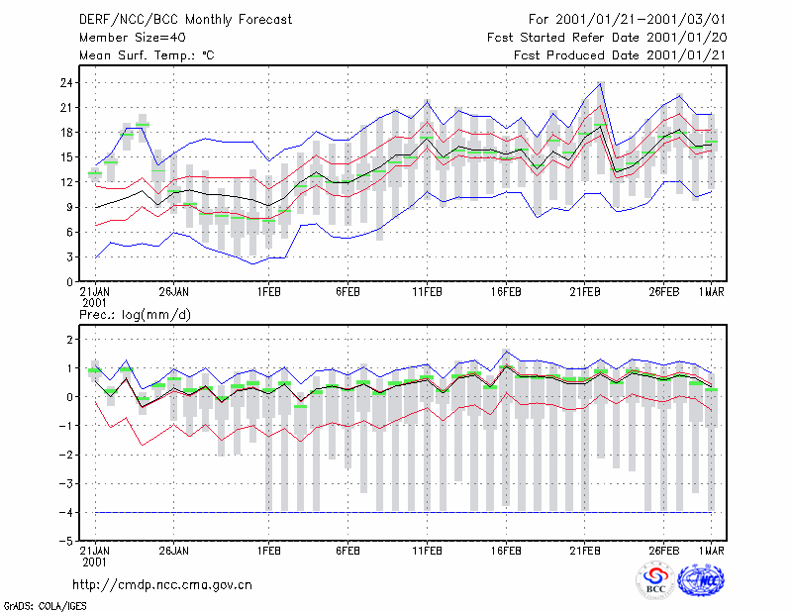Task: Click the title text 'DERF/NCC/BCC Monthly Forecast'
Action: tap(185, 20)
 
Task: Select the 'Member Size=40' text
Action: tap(133, 38)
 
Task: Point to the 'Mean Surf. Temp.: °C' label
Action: tap(147, 55)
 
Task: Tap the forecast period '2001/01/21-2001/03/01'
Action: tap(641, 20)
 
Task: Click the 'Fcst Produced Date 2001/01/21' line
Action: tap(620, 55)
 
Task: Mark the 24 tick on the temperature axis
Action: tap(66, 83)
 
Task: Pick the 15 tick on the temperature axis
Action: tap(66, 157)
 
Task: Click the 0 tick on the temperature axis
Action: tap(69, 282)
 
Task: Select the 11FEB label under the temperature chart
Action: tap(427, 292)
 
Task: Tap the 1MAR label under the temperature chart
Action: tap(711, 292)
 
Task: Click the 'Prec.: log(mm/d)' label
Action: tap(135, 315)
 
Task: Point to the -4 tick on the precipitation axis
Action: tap(65, 513)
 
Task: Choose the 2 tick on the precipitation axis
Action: tap(69, 340)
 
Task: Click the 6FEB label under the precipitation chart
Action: tap(348, 551)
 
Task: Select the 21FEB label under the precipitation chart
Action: tap(585, 551)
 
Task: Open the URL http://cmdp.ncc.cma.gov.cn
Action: tap(162, 585)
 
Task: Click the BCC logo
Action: tap(655, 580)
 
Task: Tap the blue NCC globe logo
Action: tap(701, 580)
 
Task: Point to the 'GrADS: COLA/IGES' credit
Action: tap(46, 606)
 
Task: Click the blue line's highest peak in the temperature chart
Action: tap(601, 82)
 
